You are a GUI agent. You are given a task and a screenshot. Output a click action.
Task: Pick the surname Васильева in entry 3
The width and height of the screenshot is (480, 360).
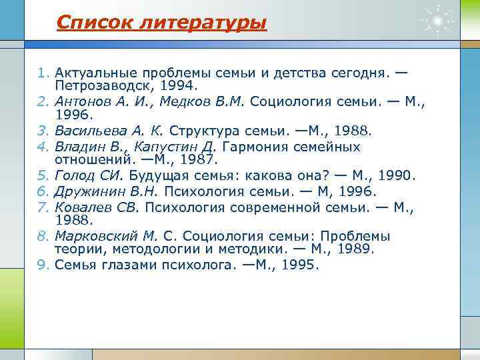click(x=87, y=129)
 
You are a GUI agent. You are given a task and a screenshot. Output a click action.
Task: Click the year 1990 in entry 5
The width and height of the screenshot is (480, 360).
click(x=397, y=177)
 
